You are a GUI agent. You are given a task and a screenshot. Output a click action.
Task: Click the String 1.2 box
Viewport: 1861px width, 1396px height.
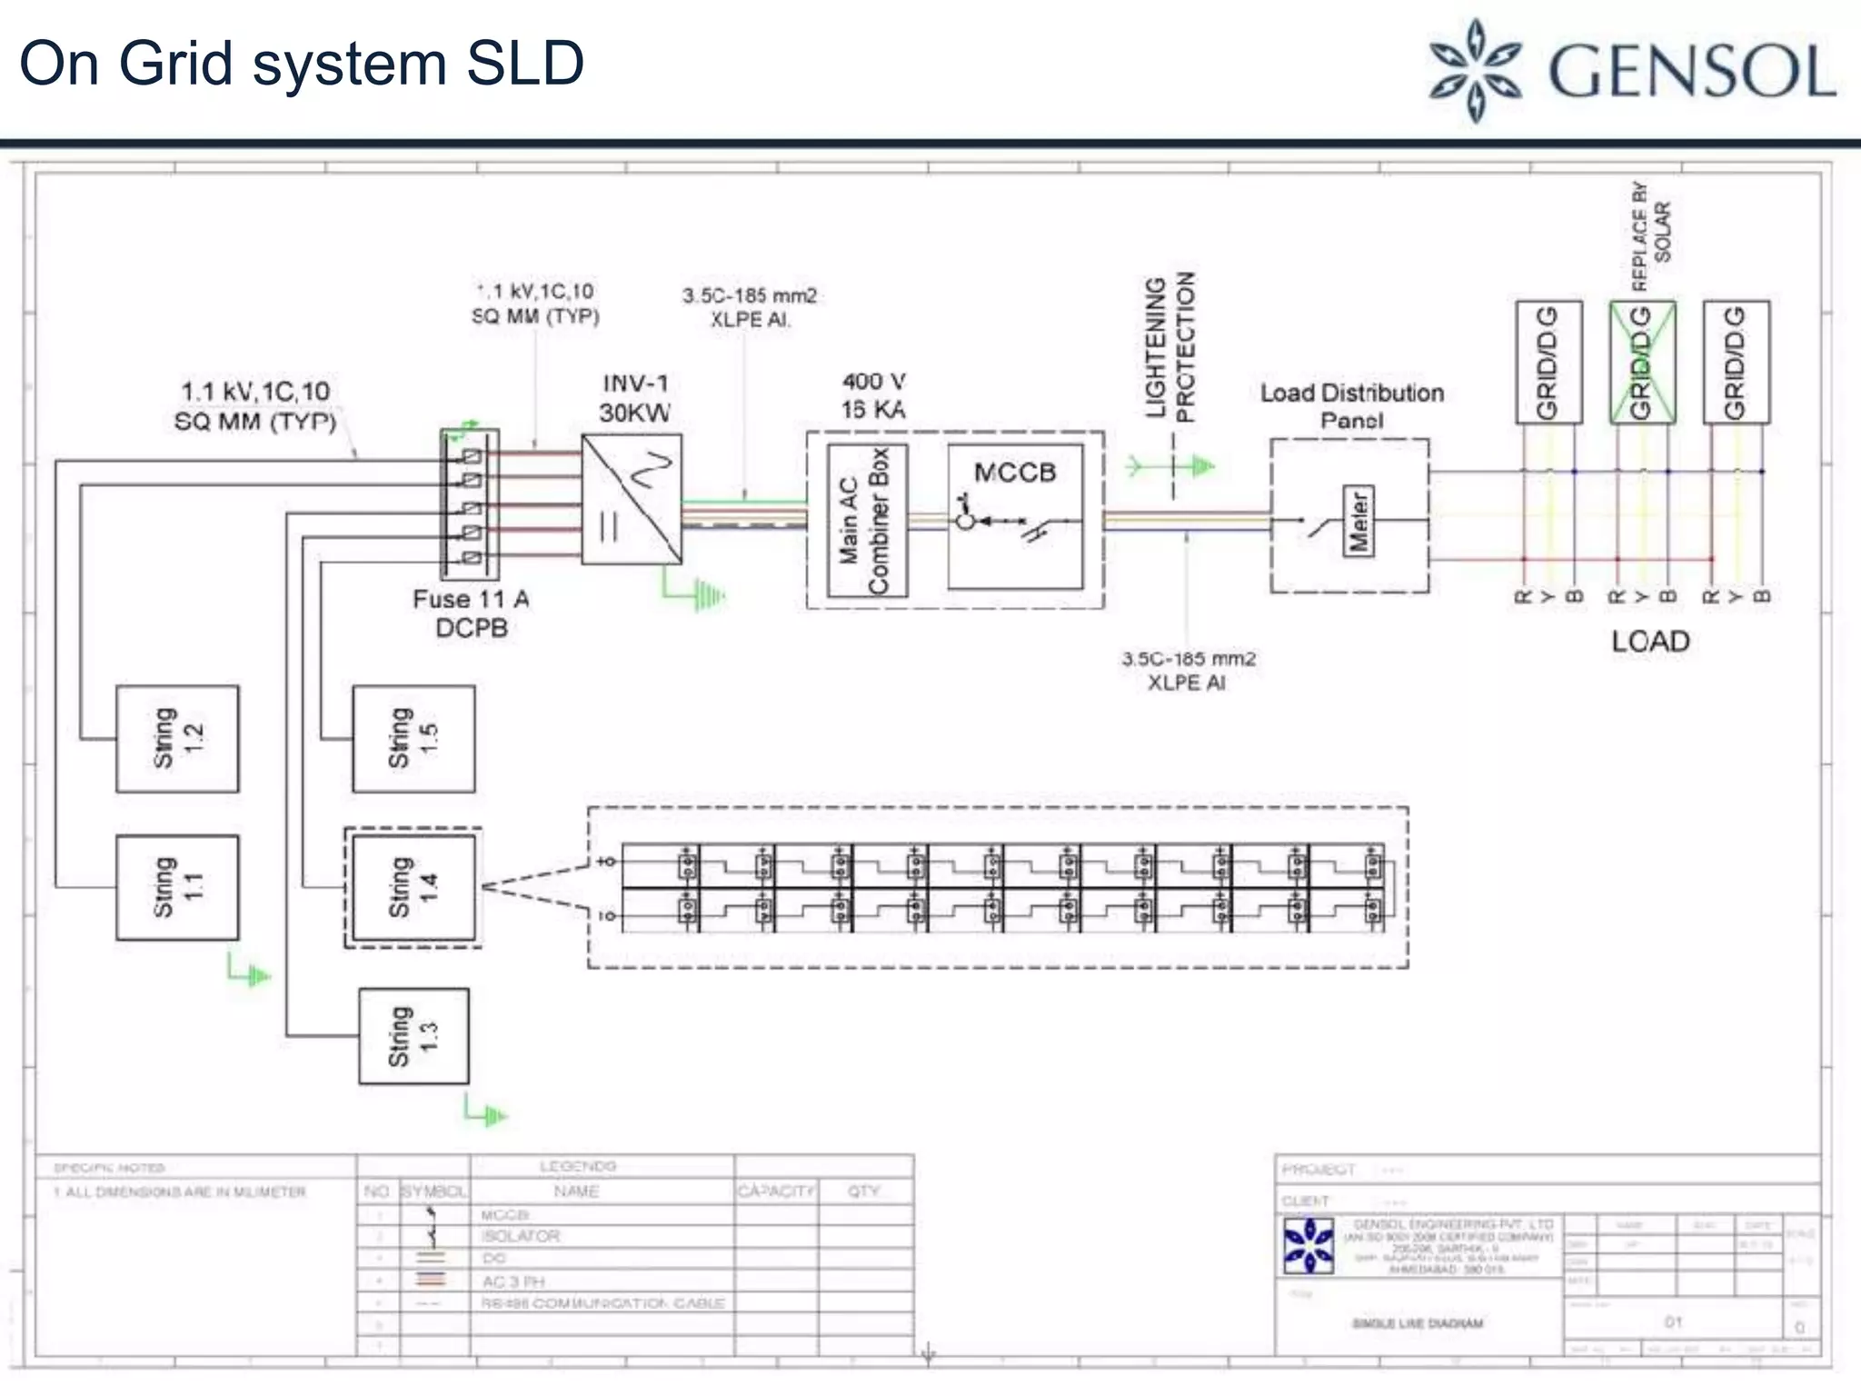(177, 738)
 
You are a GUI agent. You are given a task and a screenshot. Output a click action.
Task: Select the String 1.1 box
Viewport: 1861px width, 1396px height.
(177, 887)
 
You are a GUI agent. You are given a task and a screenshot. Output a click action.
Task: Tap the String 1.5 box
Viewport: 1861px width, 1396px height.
(413, 738)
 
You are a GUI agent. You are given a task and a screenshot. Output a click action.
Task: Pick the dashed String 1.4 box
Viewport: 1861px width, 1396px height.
(413, 887)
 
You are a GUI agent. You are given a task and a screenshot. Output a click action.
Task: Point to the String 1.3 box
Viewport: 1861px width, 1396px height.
(413, 1036)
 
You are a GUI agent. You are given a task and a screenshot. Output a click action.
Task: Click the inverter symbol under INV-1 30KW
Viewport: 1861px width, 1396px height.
(632, 499)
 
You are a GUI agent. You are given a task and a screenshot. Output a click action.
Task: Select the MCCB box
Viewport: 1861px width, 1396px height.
(1015, 515)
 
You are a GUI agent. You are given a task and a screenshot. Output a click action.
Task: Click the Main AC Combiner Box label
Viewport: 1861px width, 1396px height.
(866, 521)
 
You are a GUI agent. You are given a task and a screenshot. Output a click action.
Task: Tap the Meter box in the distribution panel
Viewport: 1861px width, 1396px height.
(1358, 521)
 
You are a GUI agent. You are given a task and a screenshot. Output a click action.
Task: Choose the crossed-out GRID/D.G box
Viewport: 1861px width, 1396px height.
(1642, 362)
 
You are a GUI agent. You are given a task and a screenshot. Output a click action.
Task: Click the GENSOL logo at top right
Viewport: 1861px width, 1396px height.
(1631, 71)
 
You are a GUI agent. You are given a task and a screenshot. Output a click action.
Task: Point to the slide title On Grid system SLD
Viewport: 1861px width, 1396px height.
(302, 64)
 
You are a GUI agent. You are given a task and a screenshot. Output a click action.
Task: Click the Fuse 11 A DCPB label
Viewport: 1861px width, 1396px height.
(471, 613)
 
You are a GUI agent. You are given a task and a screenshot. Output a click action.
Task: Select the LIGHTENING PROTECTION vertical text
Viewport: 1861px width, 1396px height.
(1170, 347)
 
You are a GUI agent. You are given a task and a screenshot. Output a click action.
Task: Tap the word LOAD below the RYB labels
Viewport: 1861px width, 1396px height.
(1650, 642)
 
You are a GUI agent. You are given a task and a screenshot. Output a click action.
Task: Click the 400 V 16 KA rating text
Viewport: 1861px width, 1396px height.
(873, 395)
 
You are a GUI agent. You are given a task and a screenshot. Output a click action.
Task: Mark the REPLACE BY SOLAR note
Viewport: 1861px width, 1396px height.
(1650, 234)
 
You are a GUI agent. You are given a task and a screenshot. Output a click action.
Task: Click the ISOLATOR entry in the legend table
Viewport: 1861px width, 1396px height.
(521, 1236)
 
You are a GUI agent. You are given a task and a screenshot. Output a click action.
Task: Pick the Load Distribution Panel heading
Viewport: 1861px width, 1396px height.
(1351, 406)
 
